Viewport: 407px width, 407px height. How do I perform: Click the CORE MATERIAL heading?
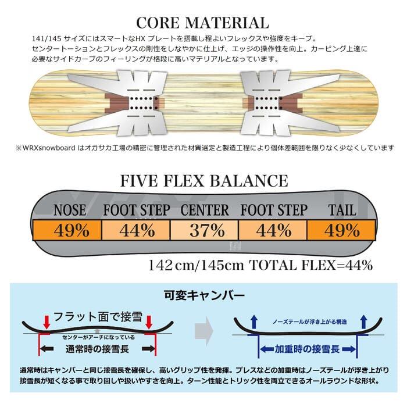pyautogui.click(x=202, y=23)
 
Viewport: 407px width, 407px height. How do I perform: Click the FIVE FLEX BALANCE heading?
pyautogui.click(x=203, y=180)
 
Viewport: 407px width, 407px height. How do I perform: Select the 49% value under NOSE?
pyautogui.click(x=72, y=230)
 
